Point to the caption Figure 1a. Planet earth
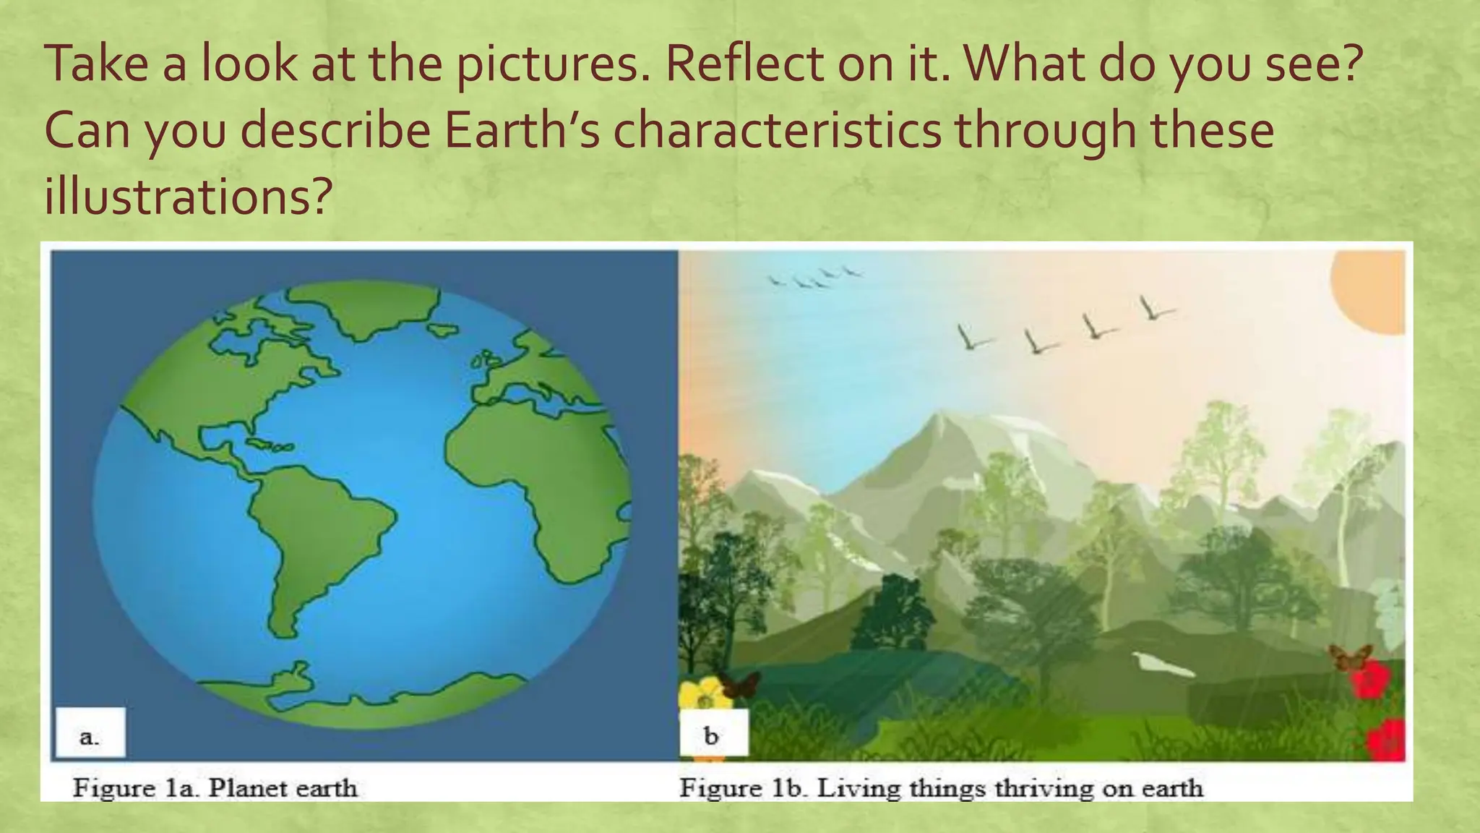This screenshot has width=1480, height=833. click(x=215, y=787)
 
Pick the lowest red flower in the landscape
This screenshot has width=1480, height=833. click(x=1386, y=739)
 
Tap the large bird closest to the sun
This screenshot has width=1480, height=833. click(x=1154, y=309)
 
